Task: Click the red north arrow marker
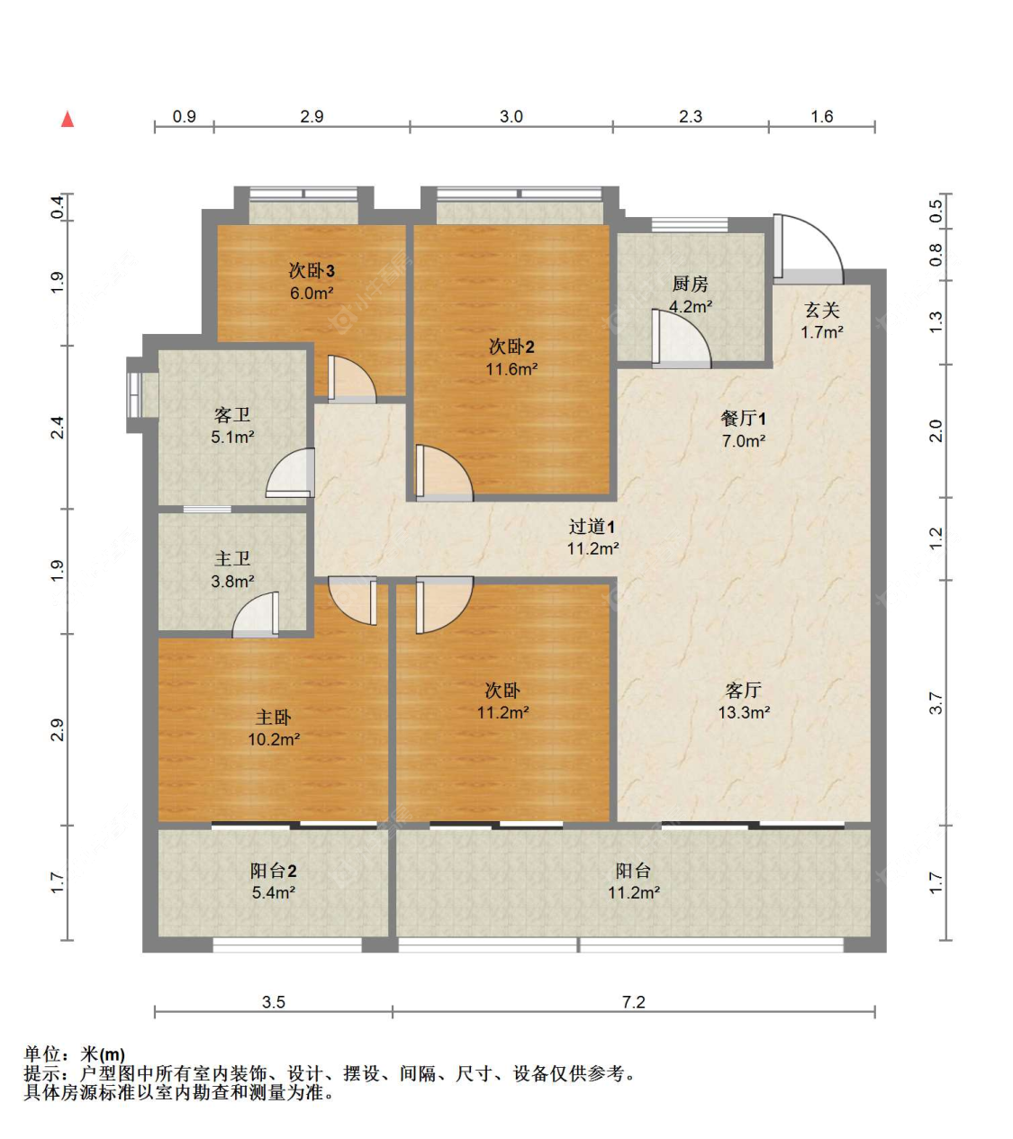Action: (x=68, y=119)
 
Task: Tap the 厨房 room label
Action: (x=690, y=285)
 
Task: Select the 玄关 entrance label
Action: (x=821, y=311)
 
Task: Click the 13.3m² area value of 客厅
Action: (x=743, y=713)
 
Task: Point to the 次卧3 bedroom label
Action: (x=312, y=271)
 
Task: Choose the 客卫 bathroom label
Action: (x=232, y=415)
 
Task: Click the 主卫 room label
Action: (x=232, y=559)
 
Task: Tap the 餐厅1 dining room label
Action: (x=743, y=419)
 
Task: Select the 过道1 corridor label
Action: (x=592, y=527)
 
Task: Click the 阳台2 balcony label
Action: (x=273, y=871)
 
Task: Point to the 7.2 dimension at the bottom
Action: (x=633, y=1002)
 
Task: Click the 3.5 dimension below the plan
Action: (x=273, y=1002)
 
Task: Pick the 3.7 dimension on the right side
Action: (x=936, y=703)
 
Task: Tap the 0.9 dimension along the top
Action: (x=184, y=116)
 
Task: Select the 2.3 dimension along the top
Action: (x=690, y=116)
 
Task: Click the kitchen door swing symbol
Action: (x=680, y=340)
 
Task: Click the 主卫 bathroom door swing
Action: (x=258, y=616)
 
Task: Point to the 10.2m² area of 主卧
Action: (x=273, y=740)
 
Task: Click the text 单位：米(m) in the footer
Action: (x=75, y=1053)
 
